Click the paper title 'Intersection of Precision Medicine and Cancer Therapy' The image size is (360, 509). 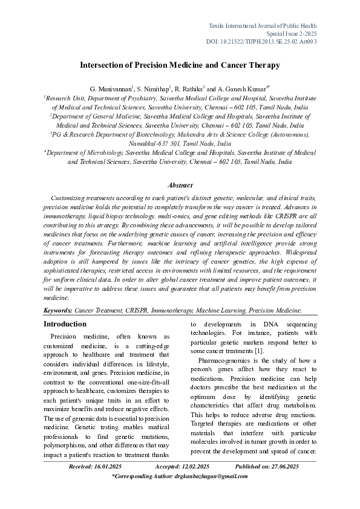coord(180,65)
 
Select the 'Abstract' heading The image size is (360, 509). coord(180,185)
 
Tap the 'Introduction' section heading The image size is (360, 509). coord(68,324)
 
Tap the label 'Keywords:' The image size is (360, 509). coord(57,310)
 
